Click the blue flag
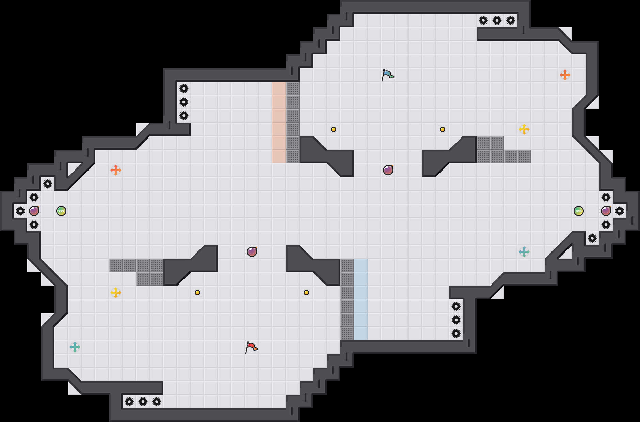point(387,75)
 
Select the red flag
point(251,347)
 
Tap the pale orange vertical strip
point(279,123)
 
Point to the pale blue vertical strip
point(361,299)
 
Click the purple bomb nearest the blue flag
point(388,170)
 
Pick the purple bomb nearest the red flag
point(252,252)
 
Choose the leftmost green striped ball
point(61,211)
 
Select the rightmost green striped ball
point(579,211)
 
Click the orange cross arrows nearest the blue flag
point(565,75)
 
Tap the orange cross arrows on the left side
point(116,170)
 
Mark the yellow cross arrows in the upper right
point(524,129)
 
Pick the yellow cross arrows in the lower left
point(116,293)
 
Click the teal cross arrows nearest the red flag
point(75,347)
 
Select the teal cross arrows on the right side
point(524,252)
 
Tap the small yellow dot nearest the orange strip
point(334,129)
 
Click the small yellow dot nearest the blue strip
point(306,293)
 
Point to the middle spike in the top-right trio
point(497,20)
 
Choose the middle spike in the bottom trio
point(143,402)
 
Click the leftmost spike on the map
point(20,211)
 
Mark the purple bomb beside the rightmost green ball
point(606,211)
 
